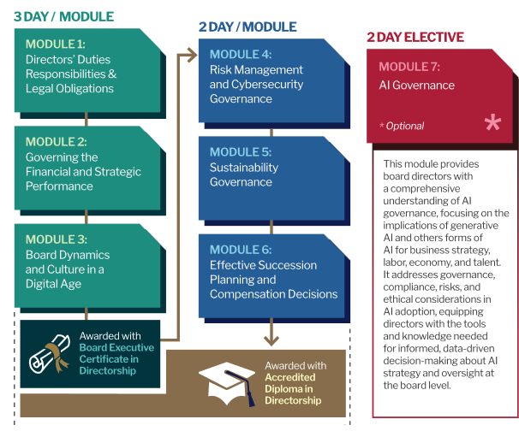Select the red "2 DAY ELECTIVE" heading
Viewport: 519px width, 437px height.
tap(415, 37)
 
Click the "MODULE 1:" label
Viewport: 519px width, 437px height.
tap(56, 44)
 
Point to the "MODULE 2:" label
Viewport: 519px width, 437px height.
tap(56, 141)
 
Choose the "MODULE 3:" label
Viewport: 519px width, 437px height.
tap(56, 239)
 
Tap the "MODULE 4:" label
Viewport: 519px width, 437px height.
tap(241, 54)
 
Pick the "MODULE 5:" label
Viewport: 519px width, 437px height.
tap(241, 151)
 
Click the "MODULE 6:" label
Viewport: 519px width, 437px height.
tap(241, 249)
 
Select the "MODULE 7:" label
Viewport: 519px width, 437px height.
tap(410, 67)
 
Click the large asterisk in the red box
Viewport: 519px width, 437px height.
tap(492, 123)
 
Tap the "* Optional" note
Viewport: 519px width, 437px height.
tap(402, 126)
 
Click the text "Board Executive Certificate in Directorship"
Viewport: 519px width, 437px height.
tap(116, 359)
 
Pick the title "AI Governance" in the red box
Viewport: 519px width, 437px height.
tap(417, 86)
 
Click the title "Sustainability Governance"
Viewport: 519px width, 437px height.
tap(244, 174)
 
